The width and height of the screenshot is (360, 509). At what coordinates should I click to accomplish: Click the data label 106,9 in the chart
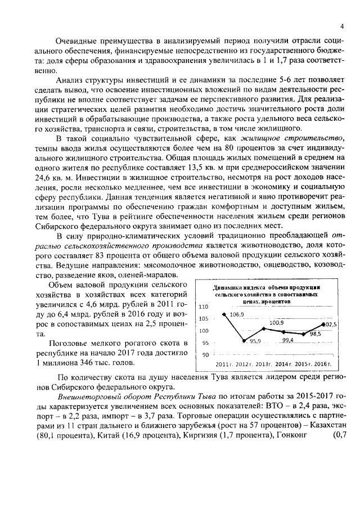237,315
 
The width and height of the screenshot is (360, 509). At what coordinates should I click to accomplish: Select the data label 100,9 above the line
276,323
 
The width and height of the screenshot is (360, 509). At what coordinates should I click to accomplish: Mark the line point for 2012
244,340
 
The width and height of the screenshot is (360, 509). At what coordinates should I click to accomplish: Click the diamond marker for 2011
224,314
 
